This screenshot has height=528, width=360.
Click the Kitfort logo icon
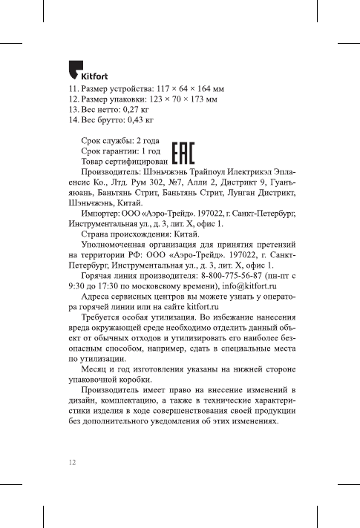click(71, 70)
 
